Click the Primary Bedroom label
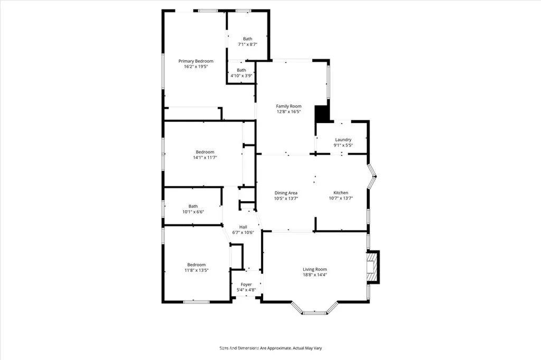pyautogui.click(x=195, y=61)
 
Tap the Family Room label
pyautogui.click(x=288, y=106)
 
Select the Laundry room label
pyautogui.click(x=343, y=139)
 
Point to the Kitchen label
pyautogui.click(x=341, y=192)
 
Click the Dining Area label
pyautogui.click(x=285, y=192)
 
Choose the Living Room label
pyautogui.click(x=315, y=269)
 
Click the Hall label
pyautogui.click(x=243, y=227)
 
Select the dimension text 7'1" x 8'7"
pyautogui.click(x=247, y=44)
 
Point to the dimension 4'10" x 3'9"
pyautogui.click(x=241, y=75)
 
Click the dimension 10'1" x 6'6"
pyautogui.click(x=193, y=212)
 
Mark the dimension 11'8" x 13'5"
pyautogui.click(x=196, y=270)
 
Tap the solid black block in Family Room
pyautogui.click(x=322, y=113)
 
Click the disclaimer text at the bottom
pyautogui.click(x=270, y=348)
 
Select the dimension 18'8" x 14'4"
pyautogui.click(x=315, y=274)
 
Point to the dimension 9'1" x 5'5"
pyautogui.click(x=343, y=145)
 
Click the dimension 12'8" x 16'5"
pyautogui.click(x=288, y=112)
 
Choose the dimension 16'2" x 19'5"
pyautogui.click(x=195, y=67)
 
